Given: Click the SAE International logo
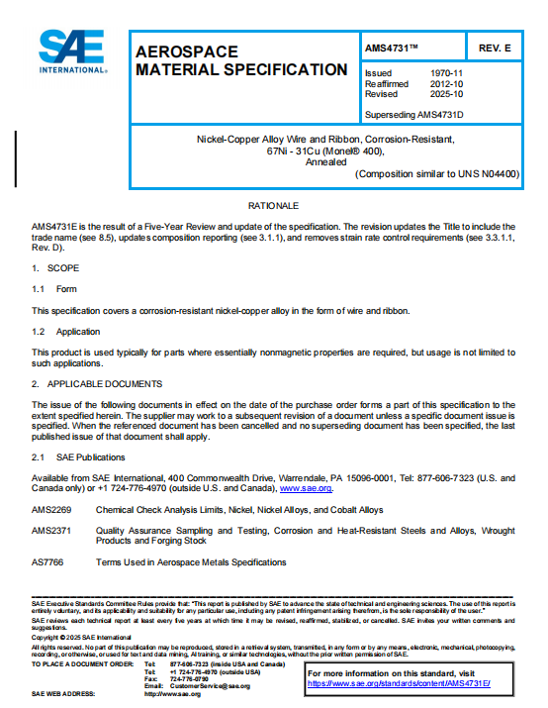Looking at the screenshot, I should (x=75, y=52).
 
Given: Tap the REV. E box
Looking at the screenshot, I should (x=494, y=47).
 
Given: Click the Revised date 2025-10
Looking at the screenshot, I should (x=448, y=94).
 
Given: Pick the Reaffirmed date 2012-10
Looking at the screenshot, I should (x=448, y=84).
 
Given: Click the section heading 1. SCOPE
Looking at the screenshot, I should (x=49, y=268).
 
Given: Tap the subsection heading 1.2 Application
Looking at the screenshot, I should (x=65, y=332).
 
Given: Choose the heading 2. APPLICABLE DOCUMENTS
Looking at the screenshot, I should (x=97, y=383).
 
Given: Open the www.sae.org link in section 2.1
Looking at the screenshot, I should (x=306, y=489).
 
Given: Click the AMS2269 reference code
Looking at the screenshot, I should (x=51, y=510).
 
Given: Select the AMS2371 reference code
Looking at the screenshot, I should (x=51, y=531).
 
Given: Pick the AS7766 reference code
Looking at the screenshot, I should (x=47, y=562).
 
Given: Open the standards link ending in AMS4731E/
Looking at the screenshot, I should (x=399, y=683).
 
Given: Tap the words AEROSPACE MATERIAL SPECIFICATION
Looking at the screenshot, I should (x=240, y=59).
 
